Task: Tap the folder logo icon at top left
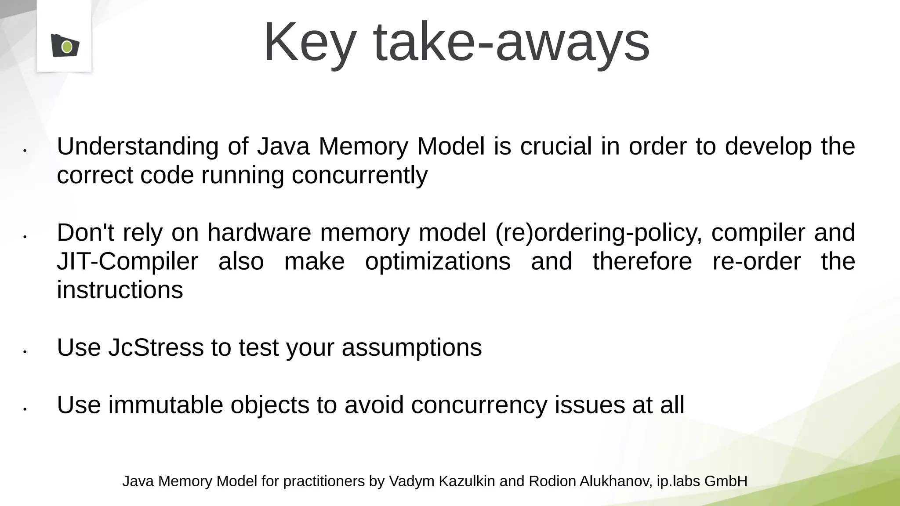tap(65, 45)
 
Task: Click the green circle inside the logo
tap(67, 47)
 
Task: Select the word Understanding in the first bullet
tap(138, 147)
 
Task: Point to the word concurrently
tap(359, 176)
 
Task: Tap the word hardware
tap(259, 232)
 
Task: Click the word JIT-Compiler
tap(127, 262)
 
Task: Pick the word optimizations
tap(438, 262)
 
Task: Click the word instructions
tap(120, 290)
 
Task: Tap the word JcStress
tap(156, 348)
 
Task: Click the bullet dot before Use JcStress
tap(25, 352)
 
